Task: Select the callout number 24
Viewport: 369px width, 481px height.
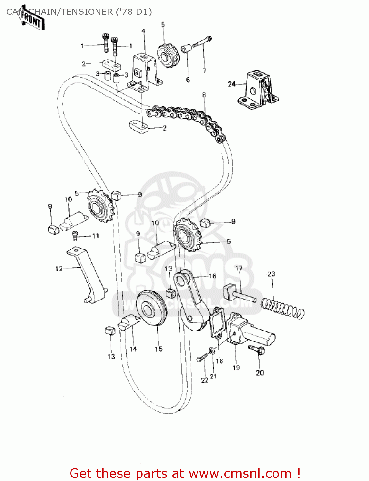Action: (231, 84)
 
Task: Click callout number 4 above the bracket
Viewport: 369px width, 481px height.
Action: (143, 31)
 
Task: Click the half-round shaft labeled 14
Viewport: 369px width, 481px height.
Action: (128, 322)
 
